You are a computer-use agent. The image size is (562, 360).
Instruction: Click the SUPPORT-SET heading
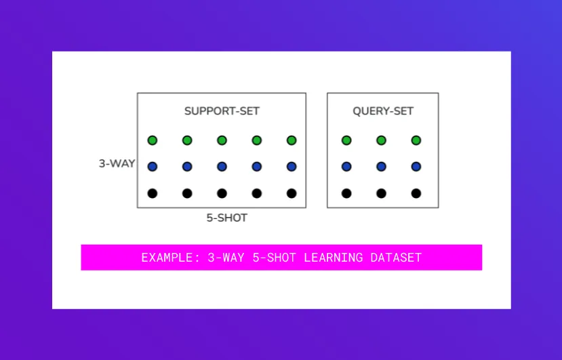coord(222,111)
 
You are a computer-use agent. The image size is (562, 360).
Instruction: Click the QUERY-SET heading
coord(382,111)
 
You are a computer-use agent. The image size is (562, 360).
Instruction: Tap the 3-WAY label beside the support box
coord(117,163)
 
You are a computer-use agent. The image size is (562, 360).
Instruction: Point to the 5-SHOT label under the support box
coord(226,218)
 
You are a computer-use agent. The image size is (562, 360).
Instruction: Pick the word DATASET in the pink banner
coord(396,258)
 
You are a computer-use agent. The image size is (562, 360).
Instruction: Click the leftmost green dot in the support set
coord(153,140)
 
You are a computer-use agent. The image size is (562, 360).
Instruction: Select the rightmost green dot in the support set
coord(292,140)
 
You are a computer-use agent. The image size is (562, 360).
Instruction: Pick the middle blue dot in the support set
coord(222,166)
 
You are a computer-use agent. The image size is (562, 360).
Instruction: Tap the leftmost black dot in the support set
coord(153,193)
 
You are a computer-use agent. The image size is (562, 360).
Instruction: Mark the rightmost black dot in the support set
coord(292,193)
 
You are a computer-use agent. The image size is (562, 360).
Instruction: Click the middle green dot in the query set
coord(381,140)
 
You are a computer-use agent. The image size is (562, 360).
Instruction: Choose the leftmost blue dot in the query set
coord(346,166)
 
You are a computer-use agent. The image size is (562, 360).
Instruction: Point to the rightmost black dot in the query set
coord(416,193)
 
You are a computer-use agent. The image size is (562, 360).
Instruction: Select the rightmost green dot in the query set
coord(416,140)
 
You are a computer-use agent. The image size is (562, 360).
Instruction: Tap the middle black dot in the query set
coord(381,193)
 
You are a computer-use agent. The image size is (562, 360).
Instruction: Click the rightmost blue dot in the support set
coord(292,166)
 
